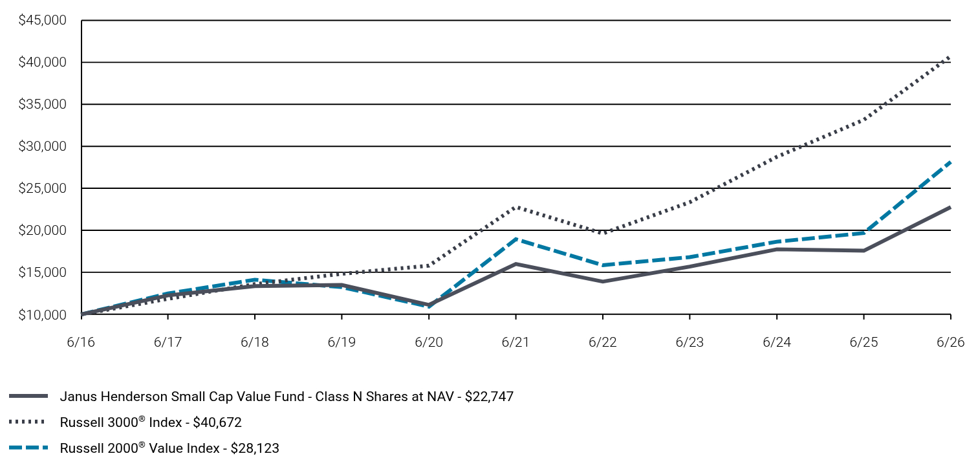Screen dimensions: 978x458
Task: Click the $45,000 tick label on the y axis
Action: pos(42,20)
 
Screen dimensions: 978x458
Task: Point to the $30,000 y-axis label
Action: pos(42,146)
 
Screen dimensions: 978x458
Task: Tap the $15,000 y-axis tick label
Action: pos(42,272)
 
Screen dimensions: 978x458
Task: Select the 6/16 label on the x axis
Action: pos(81,342)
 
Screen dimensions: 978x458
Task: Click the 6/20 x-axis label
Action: pos(429,342)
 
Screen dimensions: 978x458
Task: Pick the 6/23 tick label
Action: pos(690,342)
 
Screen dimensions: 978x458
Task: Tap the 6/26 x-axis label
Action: pos(950,342)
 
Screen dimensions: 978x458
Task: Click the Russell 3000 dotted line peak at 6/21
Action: pos(516,207)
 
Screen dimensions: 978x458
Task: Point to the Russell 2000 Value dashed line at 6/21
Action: pos(516,239)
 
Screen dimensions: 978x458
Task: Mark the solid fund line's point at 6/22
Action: pos(603,281)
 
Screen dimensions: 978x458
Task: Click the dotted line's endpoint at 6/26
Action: pos(950,57)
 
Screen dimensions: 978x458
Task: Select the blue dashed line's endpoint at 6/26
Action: pos(950,162)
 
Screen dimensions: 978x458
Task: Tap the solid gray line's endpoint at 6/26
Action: pos(950,208)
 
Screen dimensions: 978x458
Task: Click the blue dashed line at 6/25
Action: pos(864,233)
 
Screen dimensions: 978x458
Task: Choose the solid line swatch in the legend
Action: pos(28,396)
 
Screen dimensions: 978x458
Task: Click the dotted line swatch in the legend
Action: pos(27,422)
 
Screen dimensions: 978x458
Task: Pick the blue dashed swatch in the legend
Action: pos(28,448)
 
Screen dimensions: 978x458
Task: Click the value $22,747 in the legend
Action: pos(489,397)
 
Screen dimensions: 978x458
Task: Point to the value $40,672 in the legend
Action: pos(217,422)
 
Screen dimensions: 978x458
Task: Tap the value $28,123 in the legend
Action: pos(255,448)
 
